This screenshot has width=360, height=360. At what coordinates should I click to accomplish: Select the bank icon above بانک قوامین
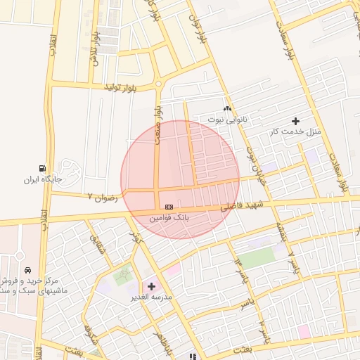click(169, 207)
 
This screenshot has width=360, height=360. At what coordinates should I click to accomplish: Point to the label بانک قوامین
click(169, 218)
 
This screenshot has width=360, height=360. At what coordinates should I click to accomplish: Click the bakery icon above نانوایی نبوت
click(226, 109)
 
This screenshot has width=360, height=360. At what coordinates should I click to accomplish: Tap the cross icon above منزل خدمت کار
click(295, 122)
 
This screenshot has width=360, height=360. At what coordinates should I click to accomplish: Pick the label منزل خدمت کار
click(295, 131)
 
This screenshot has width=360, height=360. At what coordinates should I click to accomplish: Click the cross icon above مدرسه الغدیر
click(151, 286)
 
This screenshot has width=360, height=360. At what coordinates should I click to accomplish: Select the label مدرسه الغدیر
click(150, 297)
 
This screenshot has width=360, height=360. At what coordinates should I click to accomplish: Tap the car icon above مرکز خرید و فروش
click(27, 270)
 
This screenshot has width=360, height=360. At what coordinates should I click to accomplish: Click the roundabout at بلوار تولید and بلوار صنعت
click(158, 84)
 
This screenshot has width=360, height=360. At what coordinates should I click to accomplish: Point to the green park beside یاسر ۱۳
click(257, 257)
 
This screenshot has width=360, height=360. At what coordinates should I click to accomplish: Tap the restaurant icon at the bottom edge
click(192, 356)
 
